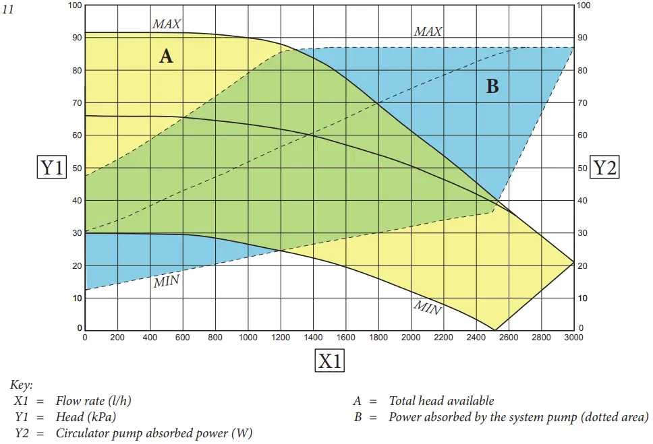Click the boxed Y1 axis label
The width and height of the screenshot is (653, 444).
[52, 167]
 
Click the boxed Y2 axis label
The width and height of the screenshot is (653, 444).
[604, 167]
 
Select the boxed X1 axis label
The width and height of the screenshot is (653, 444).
[329, 361]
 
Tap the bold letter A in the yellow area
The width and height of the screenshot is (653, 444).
[166, 56]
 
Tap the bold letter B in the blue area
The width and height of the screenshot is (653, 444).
[492, 86]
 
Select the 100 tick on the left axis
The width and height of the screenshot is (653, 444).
[75, 5]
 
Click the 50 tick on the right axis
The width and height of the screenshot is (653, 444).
[584, 168]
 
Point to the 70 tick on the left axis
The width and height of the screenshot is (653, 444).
[76, 103]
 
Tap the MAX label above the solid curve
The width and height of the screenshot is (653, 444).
[167, 24]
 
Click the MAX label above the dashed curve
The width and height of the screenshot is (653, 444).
[428, 32]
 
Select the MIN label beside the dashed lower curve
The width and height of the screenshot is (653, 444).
[166, 282]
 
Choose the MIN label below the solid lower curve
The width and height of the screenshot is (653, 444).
[427, 308]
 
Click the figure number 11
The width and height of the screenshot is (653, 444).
[8, 9]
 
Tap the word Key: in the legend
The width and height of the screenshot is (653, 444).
[22, 385]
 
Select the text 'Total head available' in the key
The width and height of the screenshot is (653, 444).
[441, 401]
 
